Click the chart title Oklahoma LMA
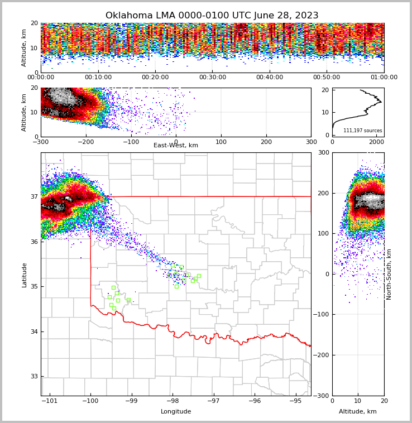(x=212, y=16)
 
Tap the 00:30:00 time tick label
(x=212, y=78)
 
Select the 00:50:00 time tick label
(x=327, y=78)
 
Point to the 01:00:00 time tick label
(x=384, y=78)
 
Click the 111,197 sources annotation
(x=362, y=131)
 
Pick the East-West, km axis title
(x=176, y=146)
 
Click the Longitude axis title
(x=176, y=411)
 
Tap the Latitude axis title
(x=25, y=275)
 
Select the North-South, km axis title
(x=389, y=274)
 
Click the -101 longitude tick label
(x=50, y=401)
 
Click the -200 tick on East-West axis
(x=85, y=141)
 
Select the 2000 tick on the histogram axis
(x=377, y=142)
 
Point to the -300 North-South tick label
(x=321, y=396)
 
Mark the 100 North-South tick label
(x=323, y=233)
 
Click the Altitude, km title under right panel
(x=358, y=411)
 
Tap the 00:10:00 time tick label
(x=98, y=78)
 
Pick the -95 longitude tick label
(x=296, y=401)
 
